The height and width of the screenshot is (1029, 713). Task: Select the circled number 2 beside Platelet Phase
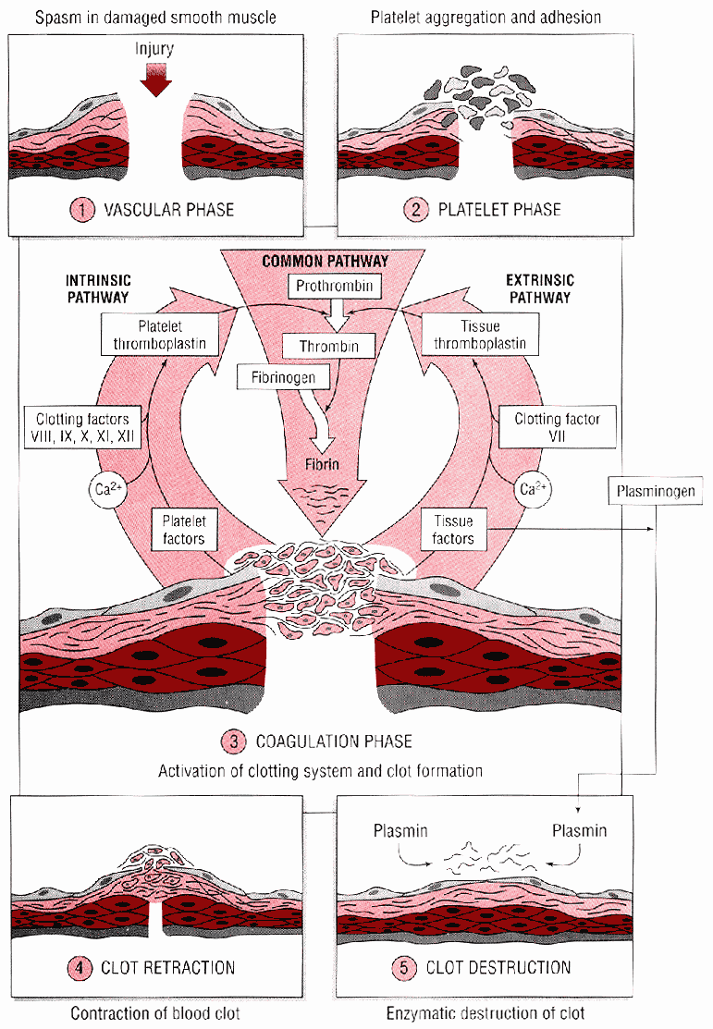click(x=414, y=209)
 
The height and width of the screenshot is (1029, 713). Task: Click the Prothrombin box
click(x=335, y=286)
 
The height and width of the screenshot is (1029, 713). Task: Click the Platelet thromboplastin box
click(x=162, y=335)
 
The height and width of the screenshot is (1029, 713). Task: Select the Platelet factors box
click(x=184, y=530)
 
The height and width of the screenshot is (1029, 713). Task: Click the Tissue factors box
click(x=452, y=530)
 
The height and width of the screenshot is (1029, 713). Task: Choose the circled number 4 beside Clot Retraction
click(x=80, y=968)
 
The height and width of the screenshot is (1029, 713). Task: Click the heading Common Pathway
click(x=325, y=262)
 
